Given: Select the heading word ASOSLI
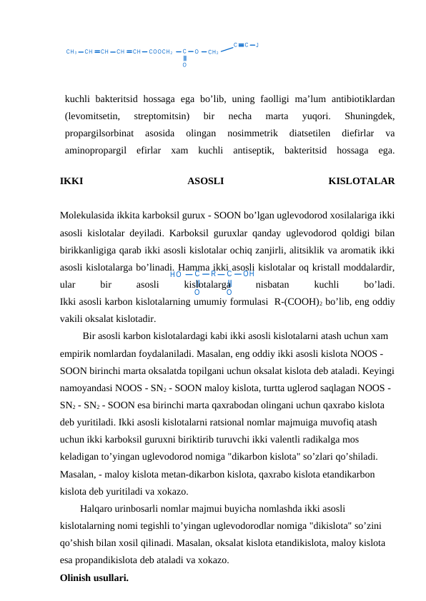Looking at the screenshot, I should (x=205, y=181).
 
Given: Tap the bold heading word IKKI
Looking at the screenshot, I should (x=71, y=181).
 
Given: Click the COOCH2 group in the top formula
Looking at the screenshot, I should (x=160, y=52).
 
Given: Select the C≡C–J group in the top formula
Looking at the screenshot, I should (x=246, y=44).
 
